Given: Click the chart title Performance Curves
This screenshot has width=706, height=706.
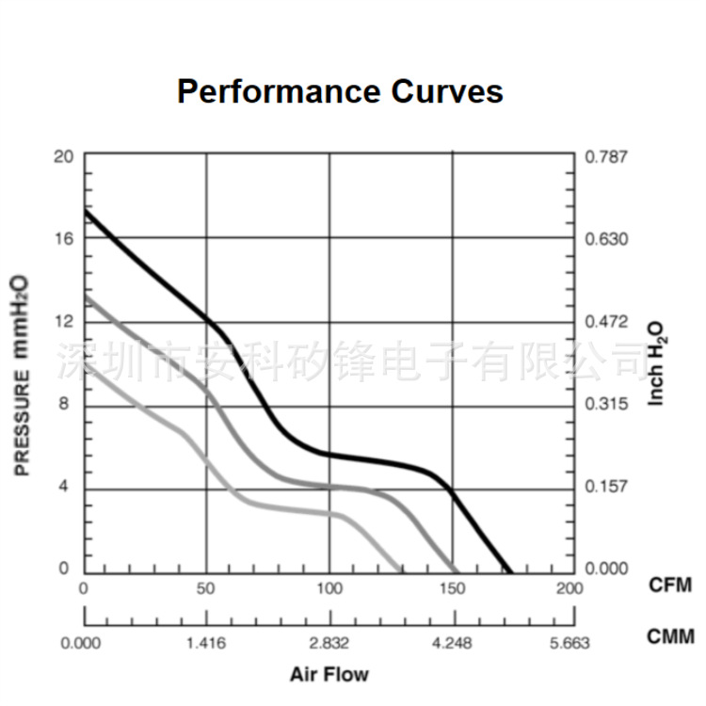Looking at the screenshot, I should (x=340, y=91).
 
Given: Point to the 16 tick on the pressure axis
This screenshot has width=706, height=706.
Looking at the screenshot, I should (x=64, y=239).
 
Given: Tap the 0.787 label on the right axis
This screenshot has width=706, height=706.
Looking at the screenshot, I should (x=605, y=156).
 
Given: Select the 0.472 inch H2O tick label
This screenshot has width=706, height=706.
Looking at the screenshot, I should (x=605, y=322).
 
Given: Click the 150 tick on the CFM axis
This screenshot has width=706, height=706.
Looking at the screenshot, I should (x=452, y=588).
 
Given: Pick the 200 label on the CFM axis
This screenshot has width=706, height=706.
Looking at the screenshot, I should (x=570, y=588).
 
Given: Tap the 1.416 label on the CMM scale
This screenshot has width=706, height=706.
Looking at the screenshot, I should (x=205, y=644).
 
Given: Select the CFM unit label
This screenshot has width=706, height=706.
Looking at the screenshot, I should (x=670, y=586).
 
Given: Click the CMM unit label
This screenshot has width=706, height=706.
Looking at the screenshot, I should (x=670, y=637).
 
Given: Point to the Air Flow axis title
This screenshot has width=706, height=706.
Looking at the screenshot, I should (x=329, y=674).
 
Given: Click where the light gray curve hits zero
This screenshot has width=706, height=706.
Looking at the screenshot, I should (x=402, y=571).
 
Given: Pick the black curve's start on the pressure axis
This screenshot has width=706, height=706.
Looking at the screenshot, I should (x=85, y=209).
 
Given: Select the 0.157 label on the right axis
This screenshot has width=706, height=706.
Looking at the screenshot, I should (x=605, y=487).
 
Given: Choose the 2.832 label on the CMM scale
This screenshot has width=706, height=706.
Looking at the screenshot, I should (x=329, y=644).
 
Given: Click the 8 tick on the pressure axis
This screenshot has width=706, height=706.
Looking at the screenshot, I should (x=65, y=405).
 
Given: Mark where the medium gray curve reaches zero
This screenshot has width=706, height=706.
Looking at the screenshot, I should (x=457, y=571).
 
